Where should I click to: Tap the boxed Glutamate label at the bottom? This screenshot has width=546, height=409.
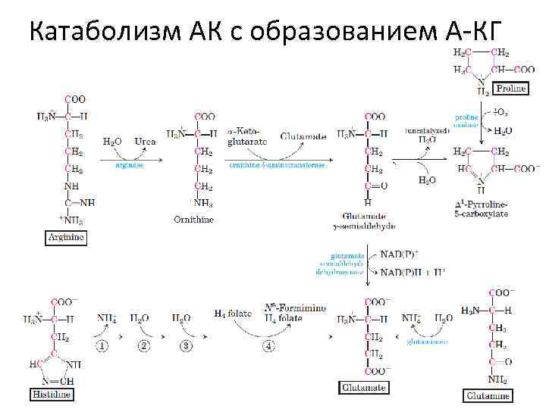coord(363,388)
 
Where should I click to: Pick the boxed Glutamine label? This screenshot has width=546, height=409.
coord(488,395)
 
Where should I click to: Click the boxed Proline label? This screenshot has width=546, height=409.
coord(510,89)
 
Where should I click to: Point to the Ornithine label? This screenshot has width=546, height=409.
coord(193,220)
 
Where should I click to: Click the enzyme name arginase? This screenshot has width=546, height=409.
coord(130,163)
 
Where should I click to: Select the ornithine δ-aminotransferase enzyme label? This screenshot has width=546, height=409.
coord(278,163)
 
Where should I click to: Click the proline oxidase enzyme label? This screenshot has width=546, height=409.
coord(466,122)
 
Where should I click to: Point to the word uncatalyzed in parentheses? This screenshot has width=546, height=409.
coord(427,130)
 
